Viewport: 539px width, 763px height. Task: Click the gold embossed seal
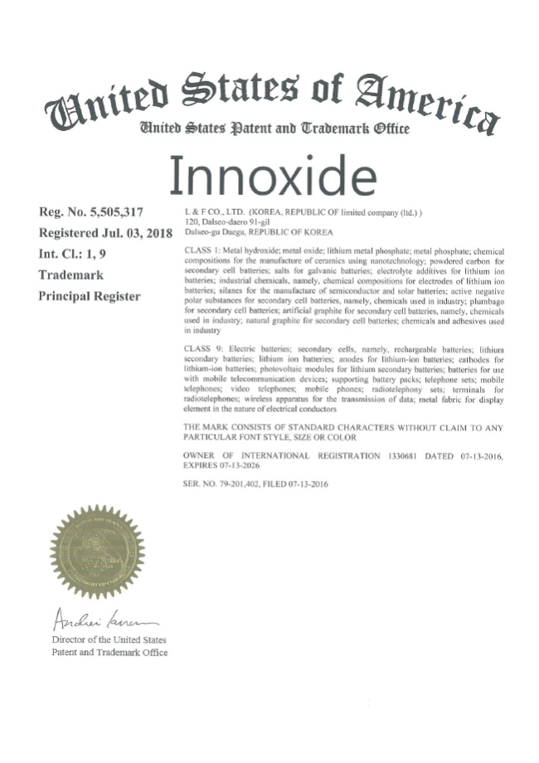[97, 551]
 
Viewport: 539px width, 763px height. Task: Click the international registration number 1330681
[404, 455]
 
